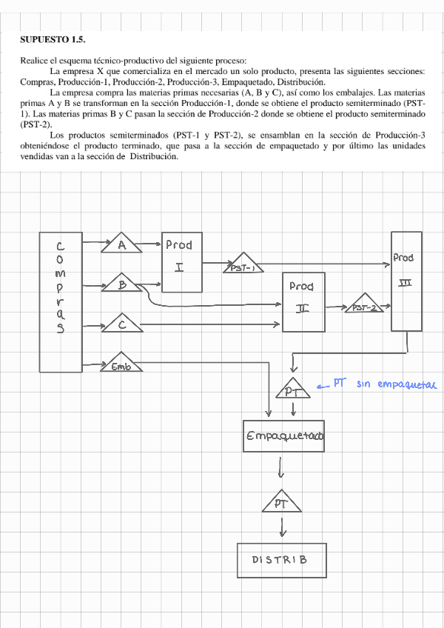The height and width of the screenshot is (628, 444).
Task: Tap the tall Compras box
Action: pyautogui.click(x=60, y=302)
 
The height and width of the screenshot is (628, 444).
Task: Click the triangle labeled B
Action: pyautogui.click(x=121, y=284)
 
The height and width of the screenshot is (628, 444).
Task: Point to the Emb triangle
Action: pyautogui.click(x=120, y=363)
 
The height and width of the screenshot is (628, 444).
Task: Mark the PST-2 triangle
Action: pyautogui.click(x=365, y=305)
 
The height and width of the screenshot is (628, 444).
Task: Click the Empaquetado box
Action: pyautogui.click(x=284, y=437)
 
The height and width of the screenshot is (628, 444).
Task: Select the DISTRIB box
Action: pyautogui.click(x=282, y=560)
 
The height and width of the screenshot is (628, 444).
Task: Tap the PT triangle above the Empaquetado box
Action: pyautogui.click(x=293, y=390)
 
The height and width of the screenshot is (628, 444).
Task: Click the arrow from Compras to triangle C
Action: pyautogui.click(x=92, y=324)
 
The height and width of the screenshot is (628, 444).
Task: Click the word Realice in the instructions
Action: pyautogui.click(x=35, y=61)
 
